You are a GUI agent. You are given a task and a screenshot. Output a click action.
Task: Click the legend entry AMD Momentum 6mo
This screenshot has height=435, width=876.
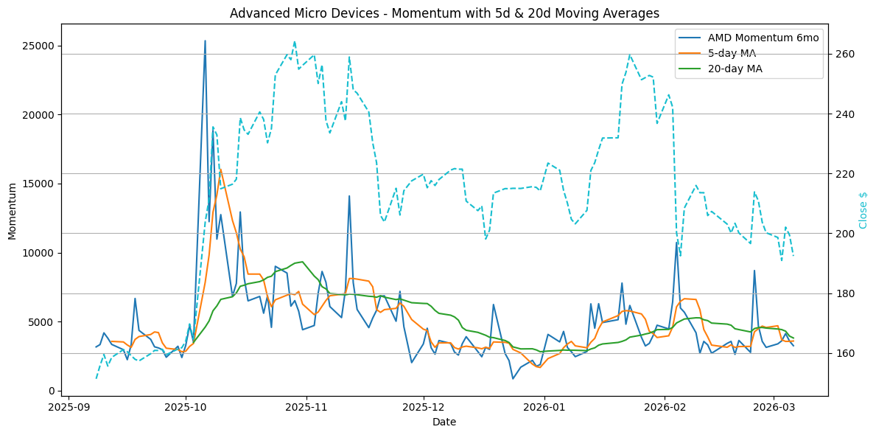[763, 38]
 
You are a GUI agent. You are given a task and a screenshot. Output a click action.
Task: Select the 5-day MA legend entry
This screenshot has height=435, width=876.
[732, 53]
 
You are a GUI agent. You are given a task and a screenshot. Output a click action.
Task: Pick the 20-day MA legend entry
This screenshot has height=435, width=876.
[735, 69]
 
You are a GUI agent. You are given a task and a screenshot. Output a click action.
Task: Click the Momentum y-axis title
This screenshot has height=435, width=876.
[12, 210]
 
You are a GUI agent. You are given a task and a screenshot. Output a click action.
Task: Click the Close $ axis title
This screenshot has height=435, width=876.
[863, 210]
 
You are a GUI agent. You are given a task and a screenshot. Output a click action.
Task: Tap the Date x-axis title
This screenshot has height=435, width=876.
[444, 422]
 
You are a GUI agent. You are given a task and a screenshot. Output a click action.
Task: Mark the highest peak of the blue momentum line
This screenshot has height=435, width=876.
[205, 41]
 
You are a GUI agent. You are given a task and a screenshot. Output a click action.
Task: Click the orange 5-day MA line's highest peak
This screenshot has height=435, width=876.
[220, 170]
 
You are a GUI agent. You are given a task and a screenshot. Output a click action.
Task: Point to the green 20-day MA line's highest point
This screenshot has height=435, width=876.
[302, 262]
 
